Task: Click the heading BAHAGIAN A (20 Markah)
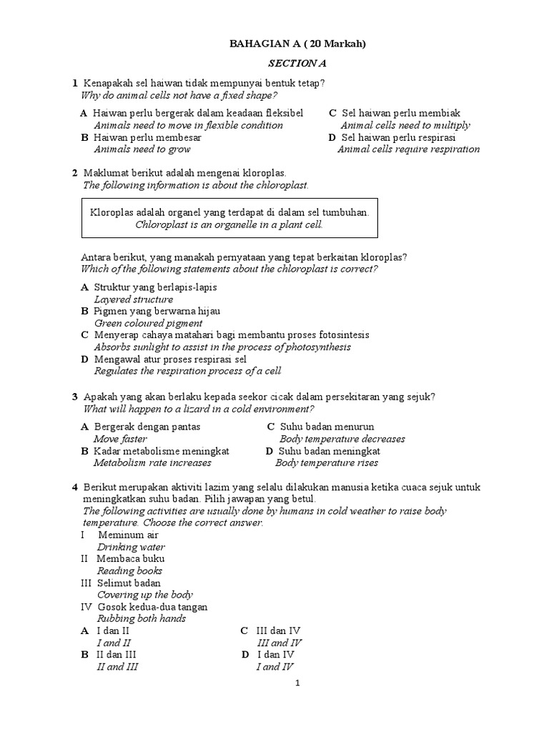coord(297,44)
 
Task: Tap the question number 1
coord(74,84)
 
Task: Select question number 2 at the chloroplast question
coord(74,173)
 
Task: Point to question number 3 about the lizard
coord(74,397)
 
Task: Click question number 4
coord(74,487)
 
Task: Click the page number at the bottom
coord(297,683)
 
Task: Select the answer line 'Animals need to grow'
coord(142,149)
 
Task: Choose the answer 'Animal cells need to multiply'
coord(405,125)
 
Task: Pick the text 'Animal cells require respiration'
coord(408,149)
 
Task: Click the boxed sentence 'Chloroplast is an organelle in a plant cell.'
coord(229,224)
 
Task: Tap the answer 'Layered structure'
coord(134,300)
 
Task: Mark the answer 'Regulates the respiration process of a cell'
coord(188,371)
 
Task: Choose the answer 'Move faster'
coord(120,439)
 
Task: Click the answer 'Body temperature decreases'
coord(342,439)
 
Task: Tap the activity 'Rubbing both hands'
coord(142,618)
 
